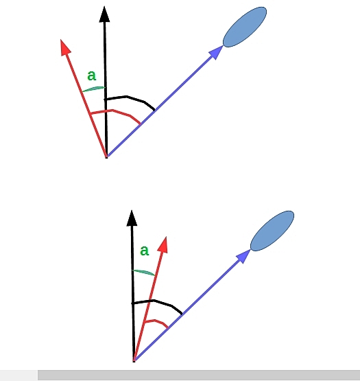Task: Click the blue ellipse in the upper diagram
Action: click(x=245, y=27)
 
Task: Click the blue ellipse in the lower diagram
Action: click(x=272, y=231)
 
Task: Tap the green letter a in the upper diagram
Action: click(x=92, y=76)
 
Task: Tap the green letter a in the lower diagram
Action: click(x=145, y=251)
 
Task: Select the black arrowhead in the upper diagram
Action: click(x=104, y=14)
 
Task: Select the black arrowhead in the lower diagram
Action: click(x=132, y=218)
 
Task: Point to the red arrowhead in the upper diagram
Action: click(x=65, y=47)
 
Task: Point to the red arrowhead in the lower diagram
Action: click(x=163, y=244)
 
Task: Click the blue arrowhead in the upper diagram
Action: click(x=215, y=52)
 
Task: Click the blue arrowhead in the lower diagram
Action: click(x=243, y=256)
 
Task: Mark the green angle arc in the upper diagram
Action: click(x=94, y=89)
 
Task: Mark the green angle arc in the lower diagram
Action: click(x=143, y=272)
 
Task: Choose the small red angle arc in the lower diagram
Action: click(x=156, y=321)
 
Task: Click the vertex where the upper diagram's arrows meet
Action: click(x=106, y=157)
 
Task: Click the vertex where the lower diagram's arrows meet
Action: click(x=134, y=361)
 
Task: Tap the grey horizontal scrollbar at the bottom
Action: click(x=199, y=376)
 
